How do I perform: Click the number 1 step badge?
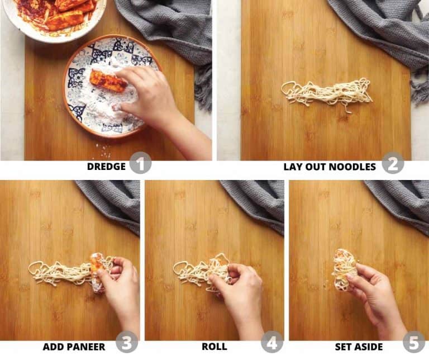click(x=140, y=163)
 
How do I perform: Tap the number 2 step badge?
click(x=393, y=163)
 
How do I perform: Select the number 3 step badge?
click(x=127, y=343)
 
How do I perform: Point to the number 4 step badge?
click(x=272, y=343)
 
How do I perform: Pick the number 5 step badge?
click(x=414, y=343)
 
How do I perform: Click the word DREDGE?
click(x=106, y=167)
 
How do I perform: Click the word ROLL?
click(x=214, y=347)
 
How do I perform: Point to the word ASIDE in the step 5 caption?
click(x=369, y=347)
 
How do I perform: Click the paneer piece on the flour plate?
click(x=108, y=81)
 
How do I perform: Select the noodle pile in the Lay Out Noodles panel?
click(x=327, y=94)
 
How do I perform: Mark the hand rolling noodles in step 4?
click(x=241, y=293)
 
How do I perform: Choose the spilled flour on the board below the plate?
click(x=103, y=150)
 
